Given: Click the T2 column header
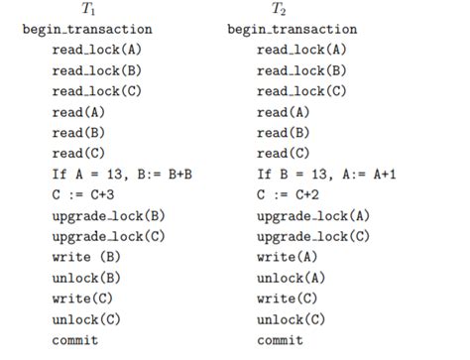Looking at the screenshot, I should point(279,10).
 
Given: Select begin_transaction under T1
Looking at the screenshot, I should point(87,30).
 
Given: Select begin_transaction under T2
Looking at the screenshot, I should point(292,30).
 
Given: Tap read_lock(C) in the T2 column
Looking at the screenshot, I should point(301,91).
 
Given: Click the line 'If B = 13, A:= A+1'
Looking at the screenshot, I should point(333,175).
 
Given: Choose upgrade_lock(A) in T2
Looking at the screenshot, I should point(313,216).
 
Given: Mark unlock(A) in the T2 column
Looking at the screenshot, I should point(292,278).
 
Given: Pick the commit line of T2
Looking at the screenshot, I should point(279,340).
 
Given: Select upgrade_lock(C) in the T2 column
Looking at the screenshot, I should point(313,237).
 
